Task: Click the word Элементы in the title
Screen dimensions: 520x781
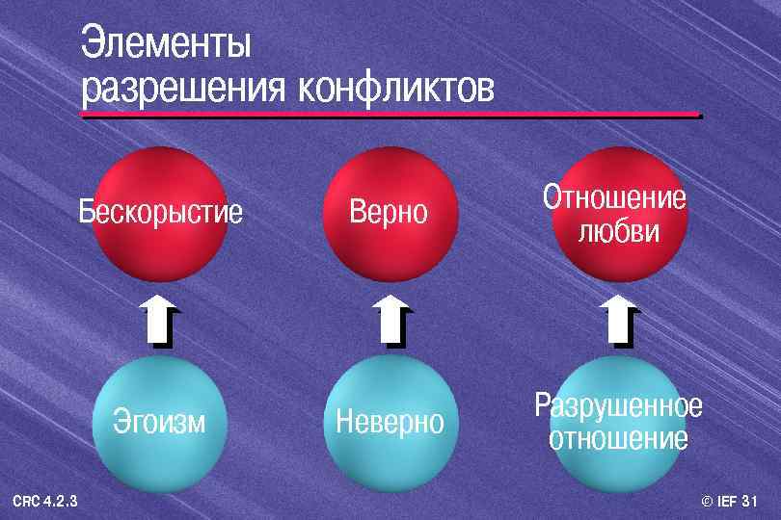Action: (x=166, y=44)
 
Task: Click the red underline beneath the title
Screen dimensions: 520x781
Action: (x=390, y=116)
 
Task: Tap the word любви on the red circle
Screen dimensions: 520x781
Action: (x=618, y=232)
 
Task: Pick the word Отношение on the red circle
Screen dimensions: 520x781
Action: (x=615, y=198)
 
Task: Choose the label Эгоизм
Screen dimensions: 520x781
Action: (x=159, y=421)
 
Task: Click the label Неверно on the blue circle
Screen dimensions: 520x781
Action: (x=389, y=421)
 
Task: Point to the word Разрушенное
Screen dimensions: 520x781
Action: (x=618, y=405)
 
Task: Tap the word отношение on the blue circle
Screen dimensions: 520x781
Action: (x=618, y=439)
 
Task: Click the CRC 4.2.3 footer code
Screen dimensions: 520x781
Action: (x=45, y=501)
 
